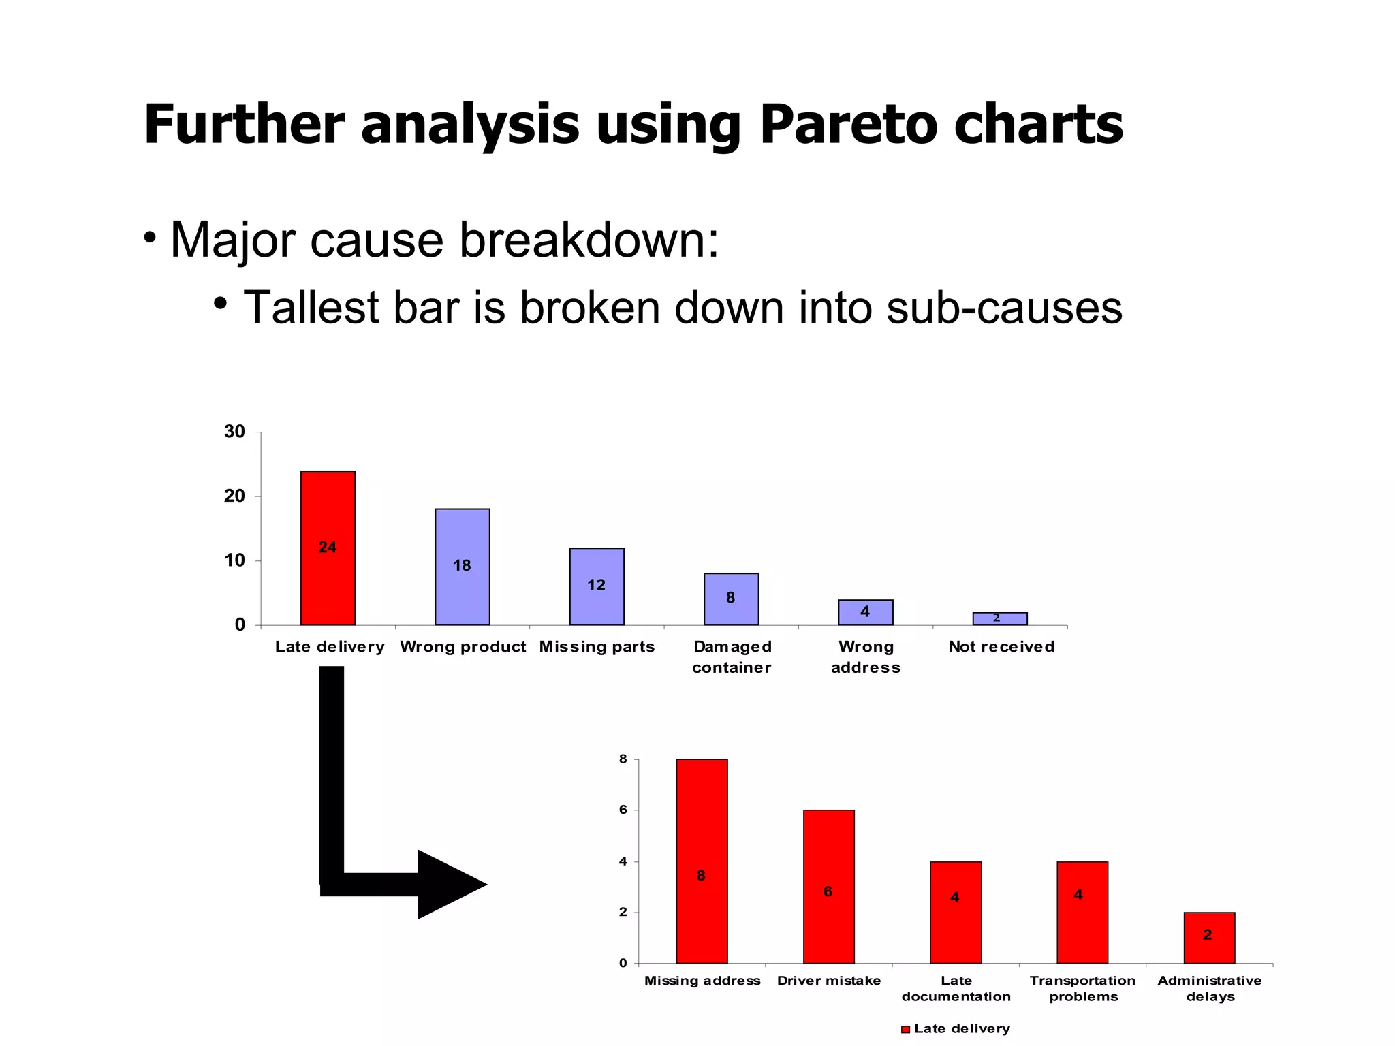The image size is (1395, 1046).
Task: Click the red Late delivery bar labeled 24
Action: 328,548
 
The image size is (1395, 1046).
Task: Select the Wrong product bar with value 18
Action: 462,567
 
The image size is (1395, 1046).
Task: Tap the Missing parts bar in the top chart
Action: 596,586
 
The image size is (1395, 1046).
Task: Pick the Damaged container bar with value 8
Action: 731,599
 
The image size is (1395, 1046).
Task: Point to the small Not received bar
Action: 999,618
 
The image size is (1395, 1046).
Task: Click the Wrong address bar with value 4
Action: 865,612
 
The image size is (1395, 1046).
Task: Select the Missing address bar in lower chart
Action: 702,861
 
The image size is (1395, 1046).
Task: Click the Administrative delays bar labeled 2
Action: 1209,937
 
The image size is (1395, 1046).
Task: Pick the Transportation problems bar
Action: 1082,912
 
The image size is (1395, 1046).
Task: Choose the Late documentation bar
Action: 956,912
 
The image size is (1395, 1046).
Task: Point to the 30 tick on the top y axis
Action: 234,432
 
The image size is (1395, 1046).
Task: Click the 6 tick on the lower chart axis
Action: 623,810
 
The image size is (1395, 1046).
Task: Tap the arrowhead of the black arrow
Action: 450,884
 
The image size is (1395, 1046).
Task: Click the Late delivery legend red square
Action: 905,1029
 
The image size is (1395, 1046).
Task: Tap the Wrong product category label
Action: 463,646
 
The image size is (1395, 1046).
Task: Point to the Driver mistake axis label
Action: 828,981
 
